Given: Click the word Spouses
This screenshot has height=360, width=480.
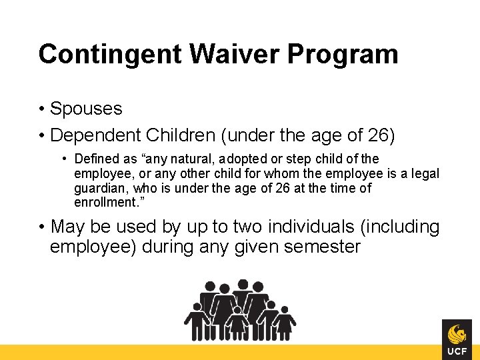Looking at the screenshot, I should tap(86, 109).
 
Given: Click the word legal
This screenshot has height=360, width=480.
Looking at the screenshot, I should tap(425, 173).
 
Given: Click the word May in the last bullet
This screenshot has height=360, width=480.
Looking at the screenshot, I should tap(67, 227).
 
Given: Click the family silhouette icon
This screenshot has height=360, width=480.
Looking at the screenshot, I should tap(240, 310).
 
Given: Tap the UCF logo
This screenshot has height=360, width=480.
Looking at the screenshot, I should tap(457, 339).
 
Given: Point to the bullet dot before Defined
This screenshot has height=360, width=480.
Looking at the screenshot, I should tap(65, 159).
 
